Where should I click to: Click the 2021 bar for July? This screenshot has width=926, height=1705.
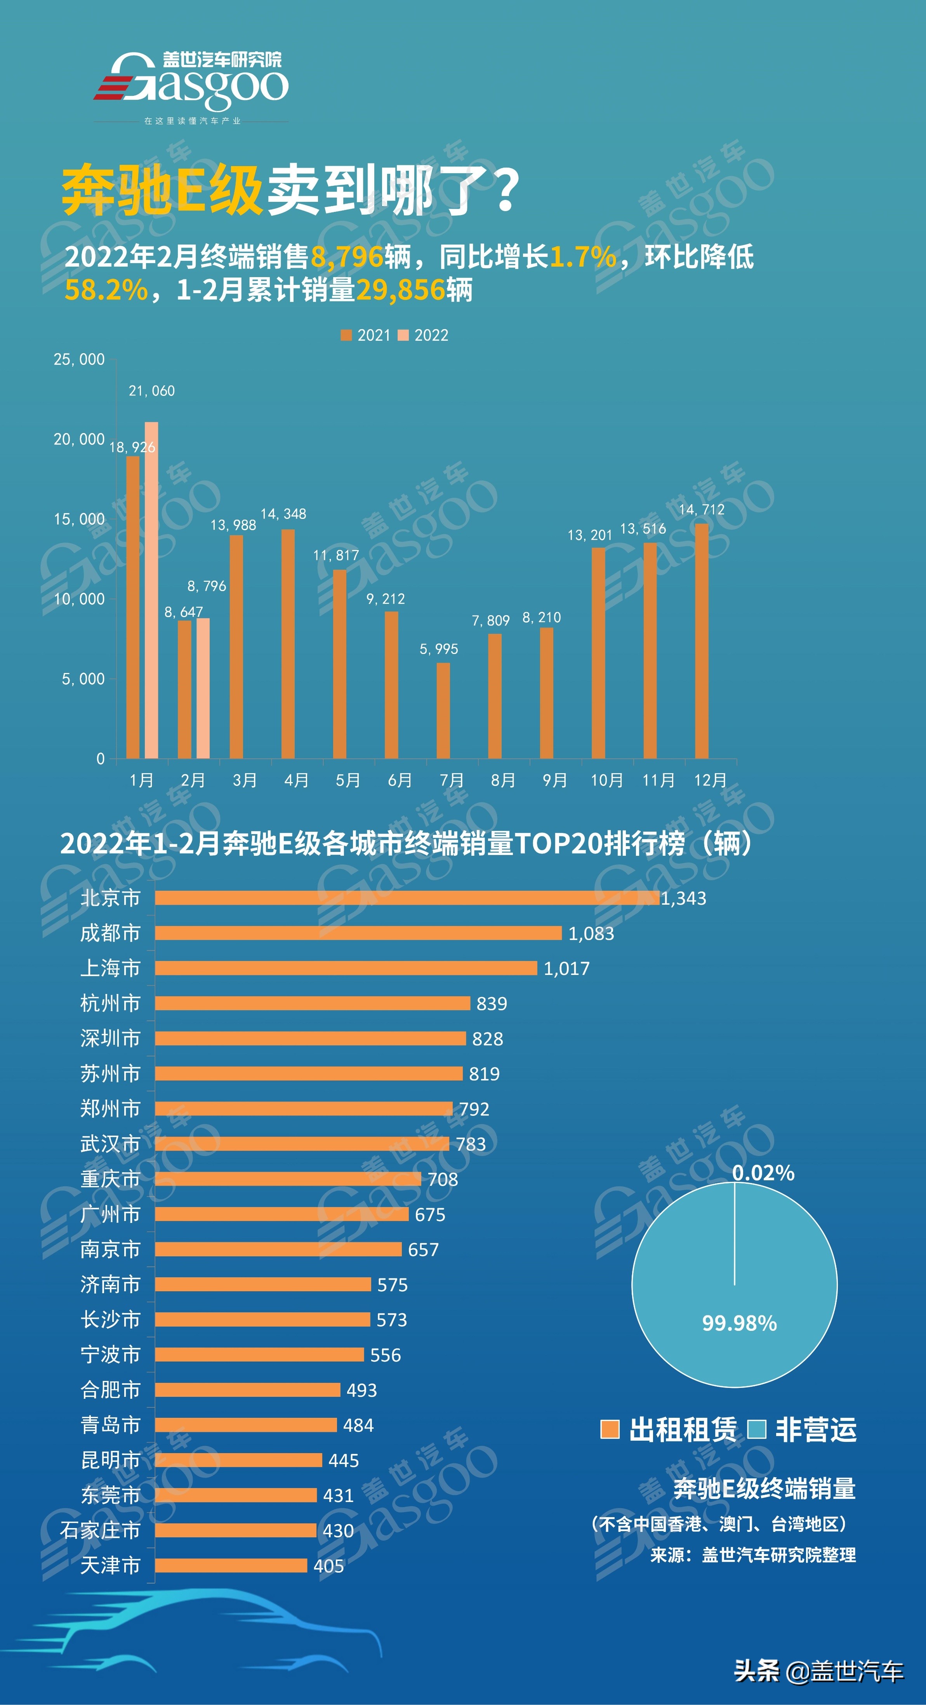click(443, 710)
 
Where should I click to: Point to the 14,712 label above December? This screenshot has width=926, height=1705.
click(702, 510)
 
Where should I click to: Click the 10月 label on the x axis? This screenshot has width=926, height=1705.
click(606, 781)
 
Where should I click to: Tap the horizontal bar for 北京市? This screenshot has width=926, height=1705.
click(407, 897)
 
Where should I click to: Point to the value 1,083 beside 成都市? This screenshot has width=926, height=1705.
click(591, 933)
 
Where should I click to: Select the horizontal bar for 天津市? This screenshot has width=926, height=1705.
click(231, 1565)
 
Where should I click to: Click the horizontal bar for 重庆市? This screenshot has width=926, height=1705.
click(288, 1179)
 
